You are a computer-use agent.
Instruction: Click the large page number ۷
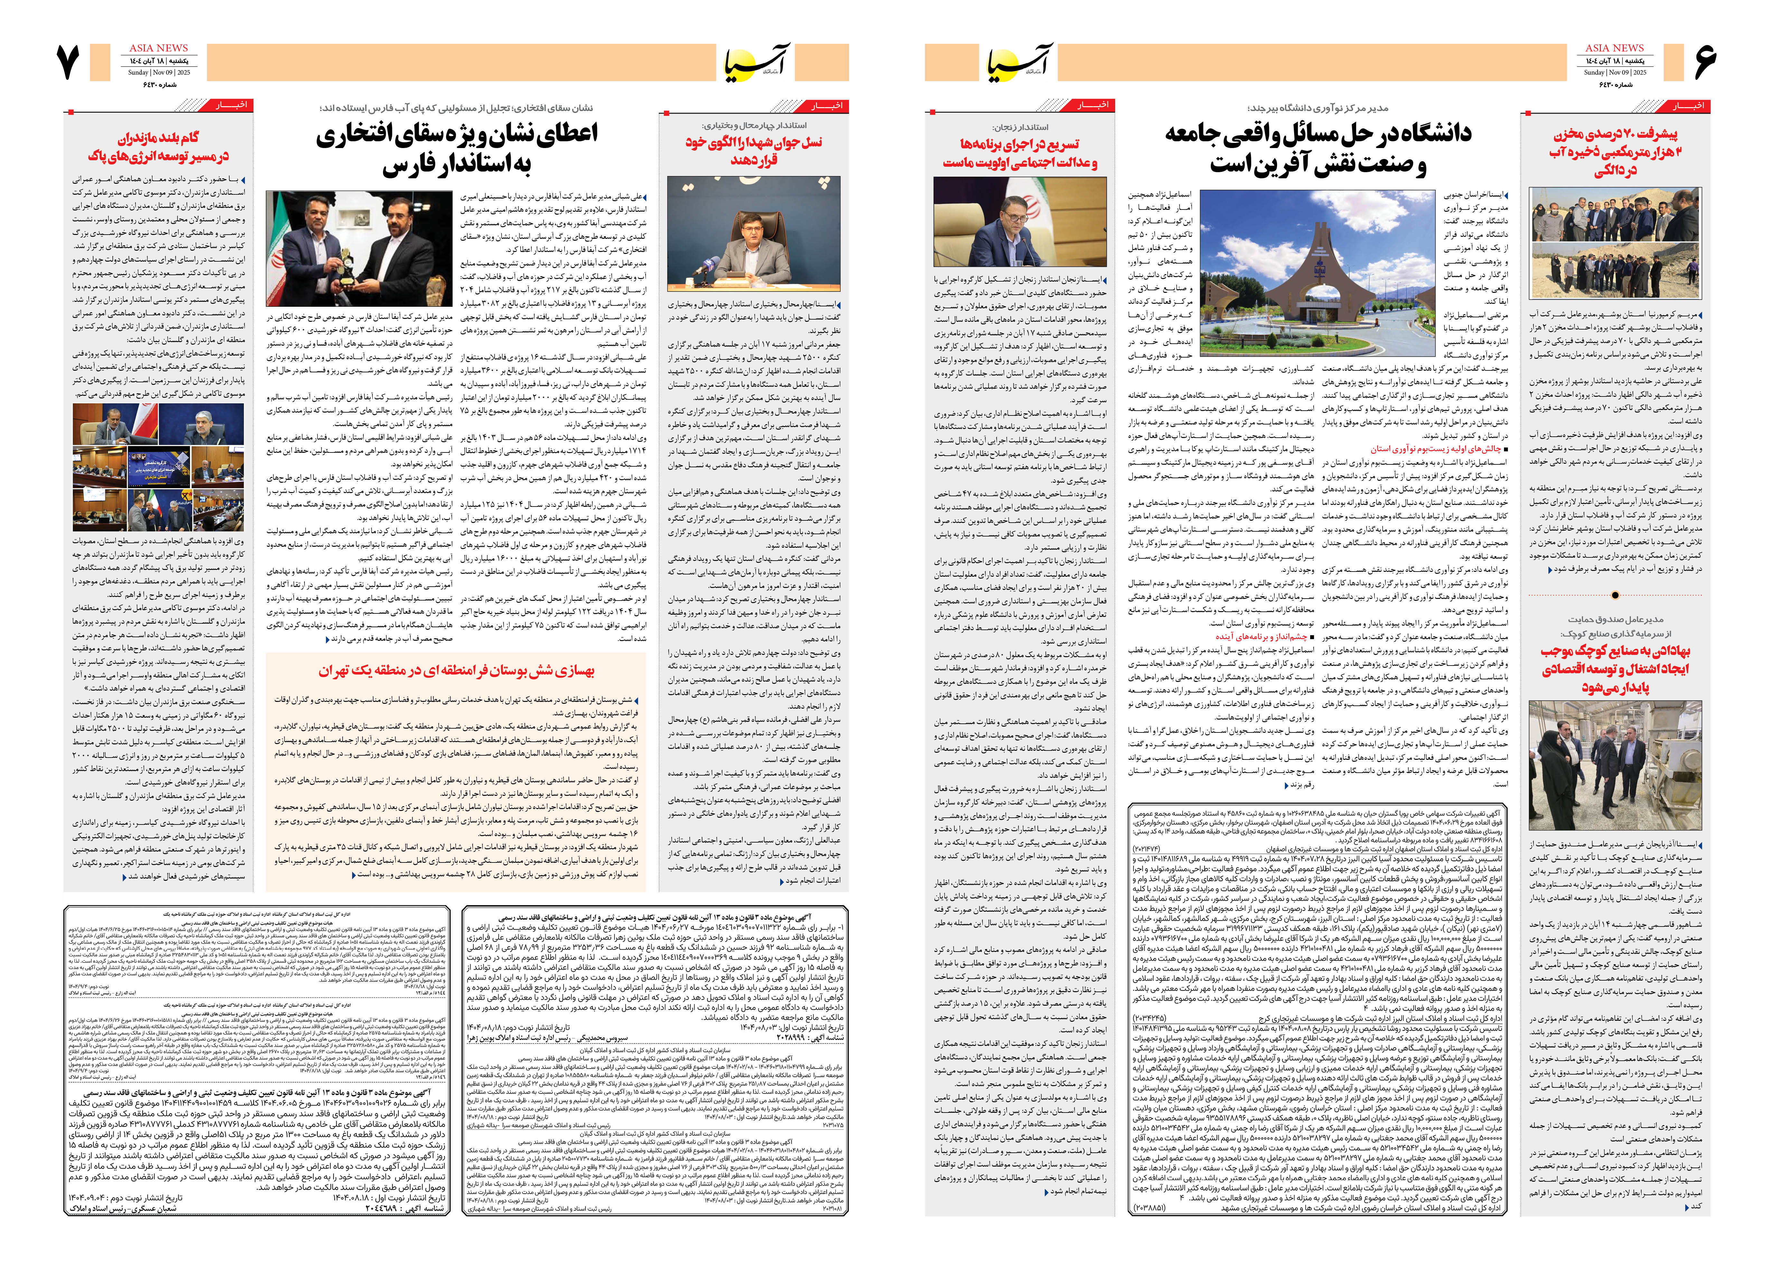pos(69,62)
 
